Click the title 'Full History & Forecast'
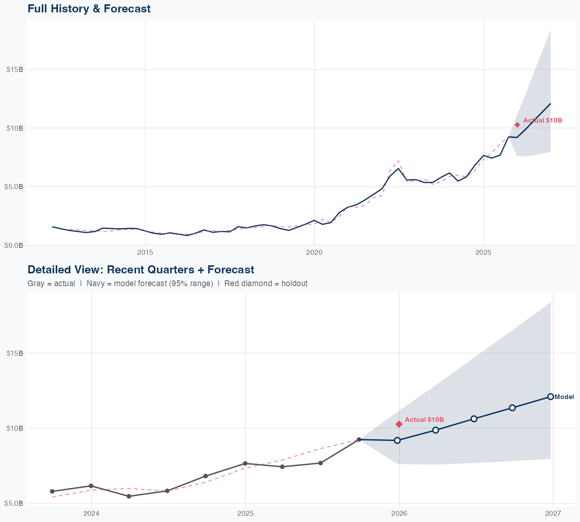pyautogui.click(x=89, y=9)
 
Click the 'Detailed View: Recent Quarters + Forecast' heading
pyautogui.click(x=141, y=270)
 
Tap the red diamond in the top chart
pyautogui.click(x=517, y=125)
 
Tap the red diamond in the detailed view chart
pyautogui.click(x=399, y=424)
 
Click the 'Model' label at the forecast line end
pyautogui.click(x=564, y=397)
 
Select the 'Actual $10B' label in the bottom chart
pyautogui.click(x=424, y=420)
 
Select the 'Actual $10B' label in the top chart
pyautogui.click(x=542, y=120)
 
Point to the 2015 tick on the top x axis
pyautogui.click(x=145, y=253)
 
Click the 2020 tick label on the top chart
pyautogui.click(x=314, y=253)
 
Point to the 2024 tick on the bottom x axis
pyautogui.click(x=91, y=513)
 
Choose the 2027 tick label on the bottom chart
pyautogui.click(x=553, y=513)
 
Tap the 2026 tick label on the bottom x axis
pyautogui.click(x=399, y=513)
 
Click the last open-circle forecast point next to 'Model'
pyautogui.click(x=550, y=397)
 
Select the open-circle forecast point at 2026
pyautogui.click(x=397, y=440)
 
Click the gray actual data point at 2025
pyautogui.click(x=245, y=463)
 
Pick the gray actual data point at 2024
pyautogui.click(x=91, y=486)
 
